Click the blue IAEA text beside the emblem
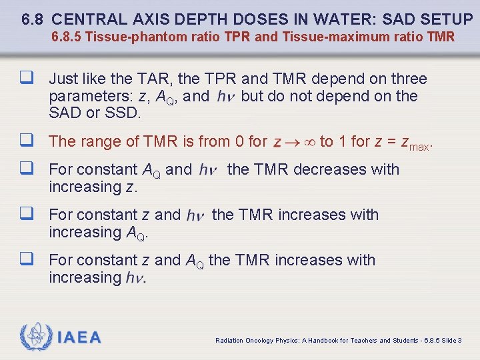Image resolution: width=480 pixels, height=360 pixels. [79, 337]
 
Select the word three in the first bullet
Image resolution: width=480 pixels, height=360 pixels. [406, 79]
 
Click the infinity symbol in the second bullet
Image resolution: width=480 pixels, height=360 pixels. [310, 142]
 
